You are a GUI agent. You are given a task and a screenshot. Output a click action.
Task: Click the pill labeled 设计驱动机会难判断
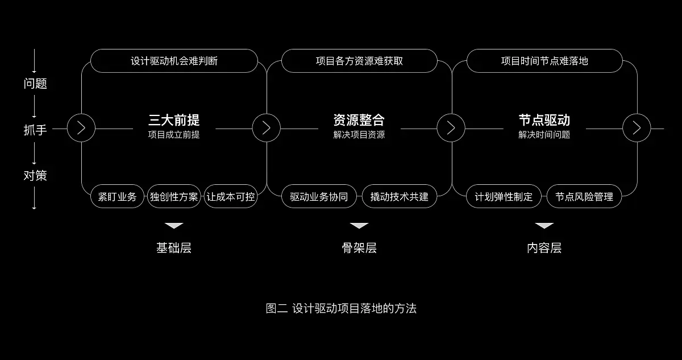pos(174,61)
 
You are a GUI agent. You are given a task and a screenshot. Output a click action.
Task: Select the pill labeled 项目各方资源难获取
pos(359,61)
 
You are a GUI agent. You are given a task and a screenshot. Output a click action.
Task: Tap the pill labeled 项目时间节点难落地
pos(544,61)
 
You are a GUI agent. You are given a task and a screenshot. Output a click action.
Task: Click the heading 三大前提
pos(174,120)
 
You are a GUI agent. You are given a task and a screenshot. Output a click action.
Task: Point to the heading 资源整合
pos(359,120)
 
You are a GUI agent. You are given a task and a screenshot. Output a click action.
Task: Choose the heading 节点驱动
pos(544,120)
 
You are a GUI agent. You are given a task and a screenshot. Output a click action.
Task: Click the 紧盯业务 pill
pos(117,197)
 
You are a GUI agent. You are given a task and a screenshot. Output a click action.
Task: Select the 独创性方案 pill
pos(174,197)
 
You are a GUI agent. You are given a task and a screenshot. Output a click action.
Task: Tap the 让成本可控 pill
pos(231,197)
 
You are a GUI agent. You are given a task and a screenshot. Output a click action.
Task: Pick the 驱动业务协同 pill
pos(319,197)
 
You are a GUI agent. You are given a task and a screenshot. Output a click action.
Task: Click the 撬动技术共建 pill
pos(400,197)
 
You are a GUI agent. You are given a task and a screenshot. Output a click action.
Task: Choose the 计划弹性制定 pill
pos(504,197)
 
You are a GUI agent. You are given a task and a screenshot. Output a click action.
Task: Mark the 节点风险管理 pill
pos(584,197)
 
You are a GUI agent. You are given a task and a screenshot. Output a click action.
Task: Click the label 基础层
pos(174,248)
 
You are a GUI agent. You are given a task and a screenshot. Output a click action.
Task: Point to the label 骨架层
pos(359,248)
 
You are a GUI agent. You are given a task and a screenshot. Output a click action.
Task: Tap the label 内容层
pos(544,248)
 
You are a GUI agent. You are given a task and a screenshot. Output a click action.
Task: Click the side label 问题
pos(35,84)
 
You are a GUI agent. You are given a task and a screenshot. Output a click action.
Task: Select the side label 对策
pos(35,175)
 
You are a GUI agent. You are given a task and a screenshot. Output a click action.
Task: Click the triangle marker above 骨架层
pos(359,226)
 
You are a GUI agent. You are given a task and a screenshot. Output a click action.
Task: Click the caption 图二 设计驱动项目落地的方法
pos(341,309)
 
